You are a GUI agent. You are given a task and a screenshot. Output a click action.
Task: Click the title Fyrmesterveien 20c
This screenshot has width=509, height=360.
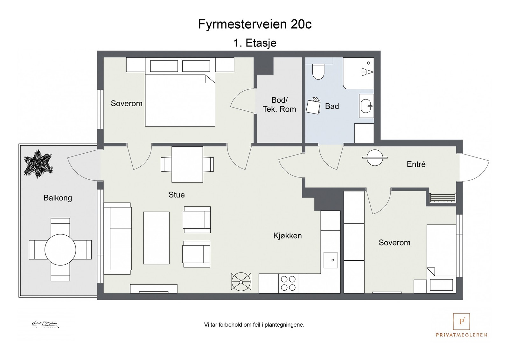pos(254,24)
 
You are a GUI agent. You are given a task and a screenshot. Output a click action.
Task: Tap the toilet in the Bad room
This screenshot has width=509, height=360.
pos(318,72)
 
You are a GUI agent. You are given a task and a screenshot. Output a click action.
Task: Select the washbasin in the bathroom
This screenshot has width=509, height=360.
pos(366,106)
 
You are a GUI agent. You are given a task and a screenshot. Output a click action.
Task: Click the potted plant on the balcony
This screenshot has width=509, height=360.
pos(38,164)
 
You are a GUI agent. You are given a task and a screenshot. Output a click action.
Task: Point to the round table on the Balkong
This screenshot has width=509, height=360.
pos(60,250)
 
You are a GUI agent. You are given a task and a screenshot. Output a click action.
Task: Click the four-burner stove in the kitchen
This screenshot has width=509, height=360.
pos(288,283)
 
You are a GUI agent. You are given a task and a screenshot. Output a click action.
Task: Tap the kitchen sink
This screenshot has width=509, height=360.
pos(331,260)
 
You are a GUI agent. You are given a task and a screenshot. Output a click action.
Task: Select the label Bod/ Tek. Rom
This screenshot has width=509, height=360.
pos(279,105)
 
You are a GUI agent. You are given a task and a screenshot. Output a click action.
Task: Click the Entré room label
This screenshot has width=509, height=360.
pos(416,164)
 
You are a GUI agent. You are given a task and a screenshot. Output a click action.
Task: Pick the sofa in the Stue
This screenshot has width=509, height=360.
pos(117,239)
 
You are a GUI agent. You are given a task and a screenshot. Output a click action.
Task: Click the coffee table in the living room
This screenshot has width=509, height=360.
pos(156,238)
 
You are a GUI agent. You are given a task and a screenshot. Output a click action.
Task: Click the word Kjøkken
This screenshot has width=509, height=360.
pos(287,236)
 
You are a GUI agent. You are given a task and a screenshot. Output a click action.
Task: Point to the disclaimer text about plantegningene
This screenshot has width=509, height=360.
pos(254,325)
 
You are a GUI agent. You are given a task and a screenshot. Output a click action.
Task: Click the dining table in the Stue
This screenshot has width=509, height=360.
pos(187,164)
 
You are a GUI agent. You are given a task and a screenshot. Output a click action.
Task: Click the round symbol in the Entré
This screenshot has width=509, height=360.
pos(375,157)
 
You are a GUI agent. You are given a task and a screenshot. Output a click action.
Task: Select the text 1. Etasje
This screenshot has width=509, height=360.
pos(255,43)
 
